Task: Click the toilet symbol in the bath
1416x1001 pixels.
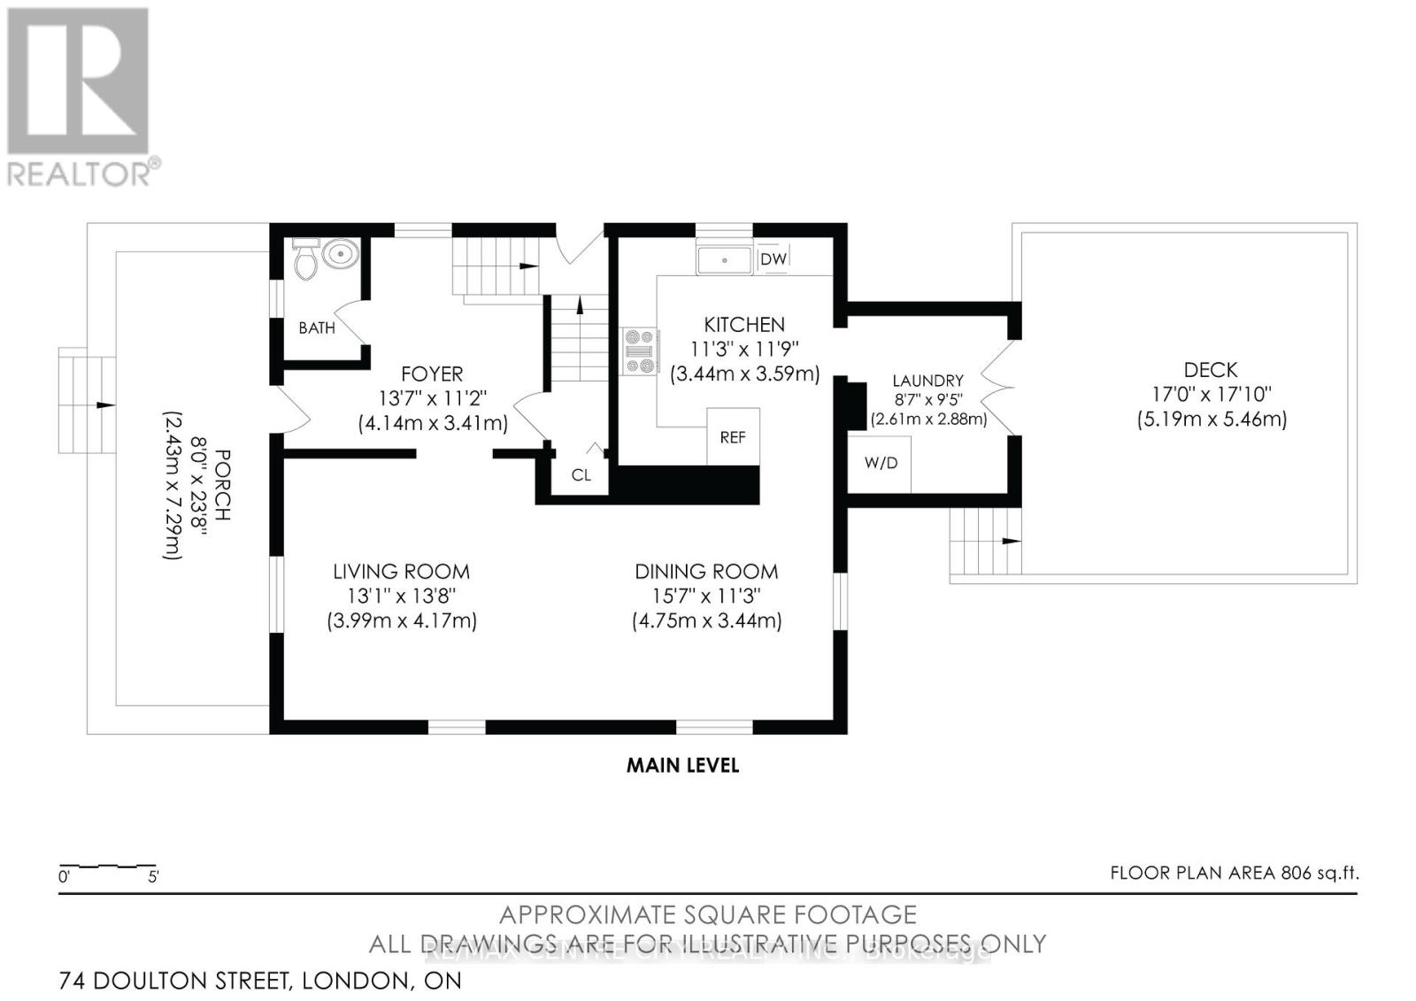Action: point(305,260)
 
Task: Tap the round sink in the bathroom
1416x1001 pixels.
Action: point(340,255)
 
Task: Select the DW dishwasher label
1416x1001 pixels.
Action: point(773,258)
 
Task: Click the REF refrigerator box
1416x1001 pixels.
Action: point(733,436)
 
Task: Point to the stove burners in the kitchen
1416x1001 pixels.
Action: point(639,350)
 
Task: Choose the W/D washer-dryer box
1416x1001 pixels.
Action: point(880,462)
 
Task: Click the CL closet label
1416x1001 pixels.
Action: point(581,475)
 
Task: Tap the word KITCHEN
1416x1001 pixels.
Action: point(744,325)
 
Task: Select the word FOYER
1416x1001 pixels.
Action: point(432,373)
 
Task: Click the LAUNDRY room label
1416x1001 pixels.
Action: point(927,381)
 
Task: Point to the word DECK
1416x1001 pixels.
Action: point(1211,370)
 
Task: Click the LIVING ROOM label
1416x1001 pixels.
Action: point(401,572)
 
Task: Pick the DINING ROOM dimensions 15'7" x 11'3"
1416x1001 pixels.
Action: point(706,597)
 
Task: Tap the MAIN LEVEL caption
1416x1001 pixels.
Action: point(682,765)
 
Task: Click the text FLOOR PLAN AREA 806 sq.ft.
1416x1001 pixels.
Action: point(1234,873)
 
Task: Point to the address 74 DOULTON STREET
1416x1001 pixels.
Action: point(174,981)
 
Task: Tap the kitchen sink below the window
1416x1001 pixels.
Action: point(724,260)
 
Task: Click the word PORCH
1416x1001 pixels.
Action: point(222,485)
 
